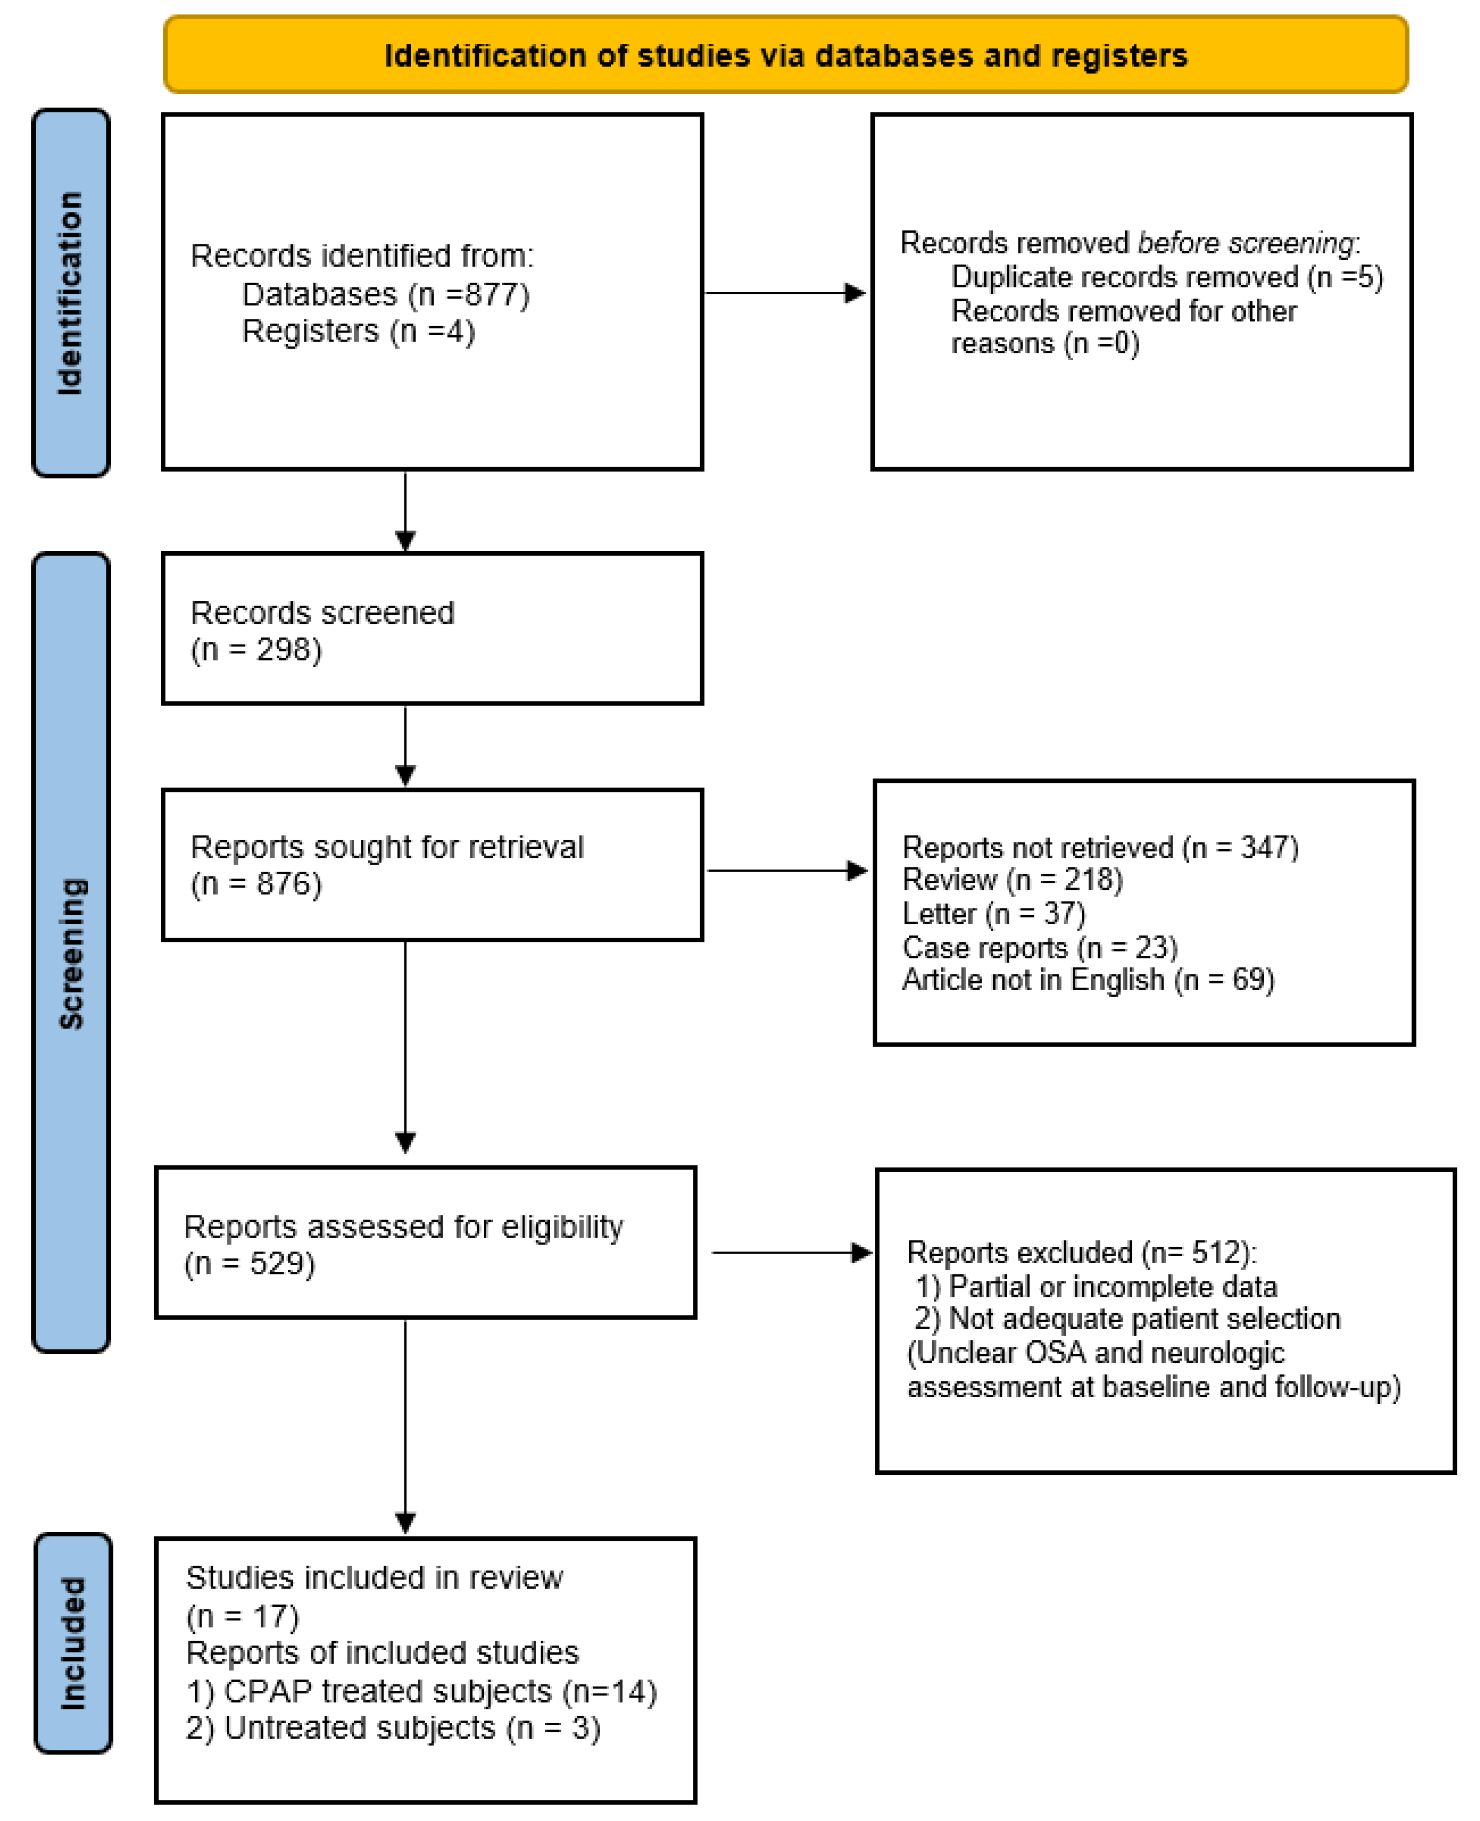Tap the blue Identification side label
click(71, 292)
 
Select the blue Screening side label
click(71, 952)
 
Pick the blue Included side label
click(73, 1643)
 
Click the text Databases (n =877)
click(385, 294)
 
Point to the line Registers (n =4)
click(358, 331)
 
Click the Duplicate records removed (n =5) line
click(1166, 277)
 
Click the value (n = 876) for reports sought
click(256, 884)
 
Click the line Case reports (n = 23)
click(1039, 947)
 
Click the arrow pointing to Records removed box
click(784, 293)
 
